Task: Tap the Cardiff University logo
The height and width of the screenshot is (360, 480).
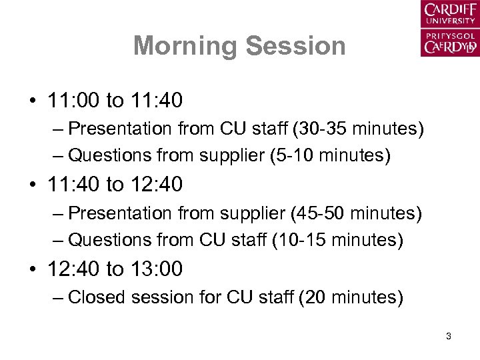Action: click(449, 29)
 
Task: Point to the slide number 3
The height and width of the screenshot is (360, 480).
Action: click(449, 337)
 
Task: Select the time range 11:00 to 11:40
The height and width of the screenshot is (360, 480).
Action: click(115, 101)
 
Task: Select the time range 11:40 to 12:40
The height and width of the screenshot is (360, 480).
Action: click(115, 185)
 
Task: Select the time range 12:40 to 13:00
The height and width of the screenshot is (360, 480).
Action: click(115, 269)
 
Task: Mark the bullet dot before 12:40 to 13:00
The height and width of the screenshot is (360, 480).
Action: click(32, 269)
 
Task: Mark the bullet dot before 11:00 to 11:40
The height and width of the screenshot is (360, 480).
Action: click(32, 101)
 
